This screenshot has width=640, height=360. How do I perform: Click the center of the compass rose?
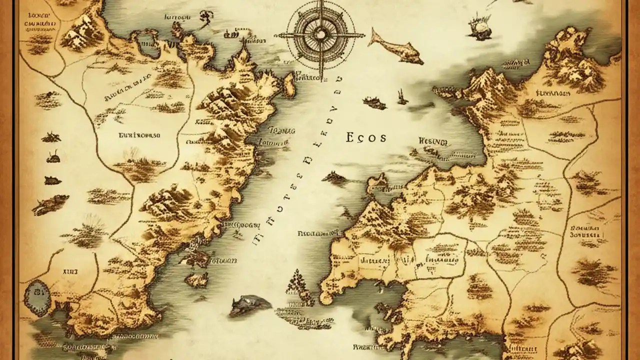point(319,35)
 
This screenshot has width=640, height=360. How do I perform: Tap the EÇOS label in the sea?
point(365,138)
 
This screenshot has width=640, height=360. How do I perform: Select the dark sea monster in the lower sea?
point(248,304)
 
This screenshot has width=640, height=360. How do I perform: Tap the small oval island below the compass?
point(289,85)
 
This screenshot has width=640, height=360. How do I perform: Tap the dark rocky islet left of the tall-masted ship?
point(374,102)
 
